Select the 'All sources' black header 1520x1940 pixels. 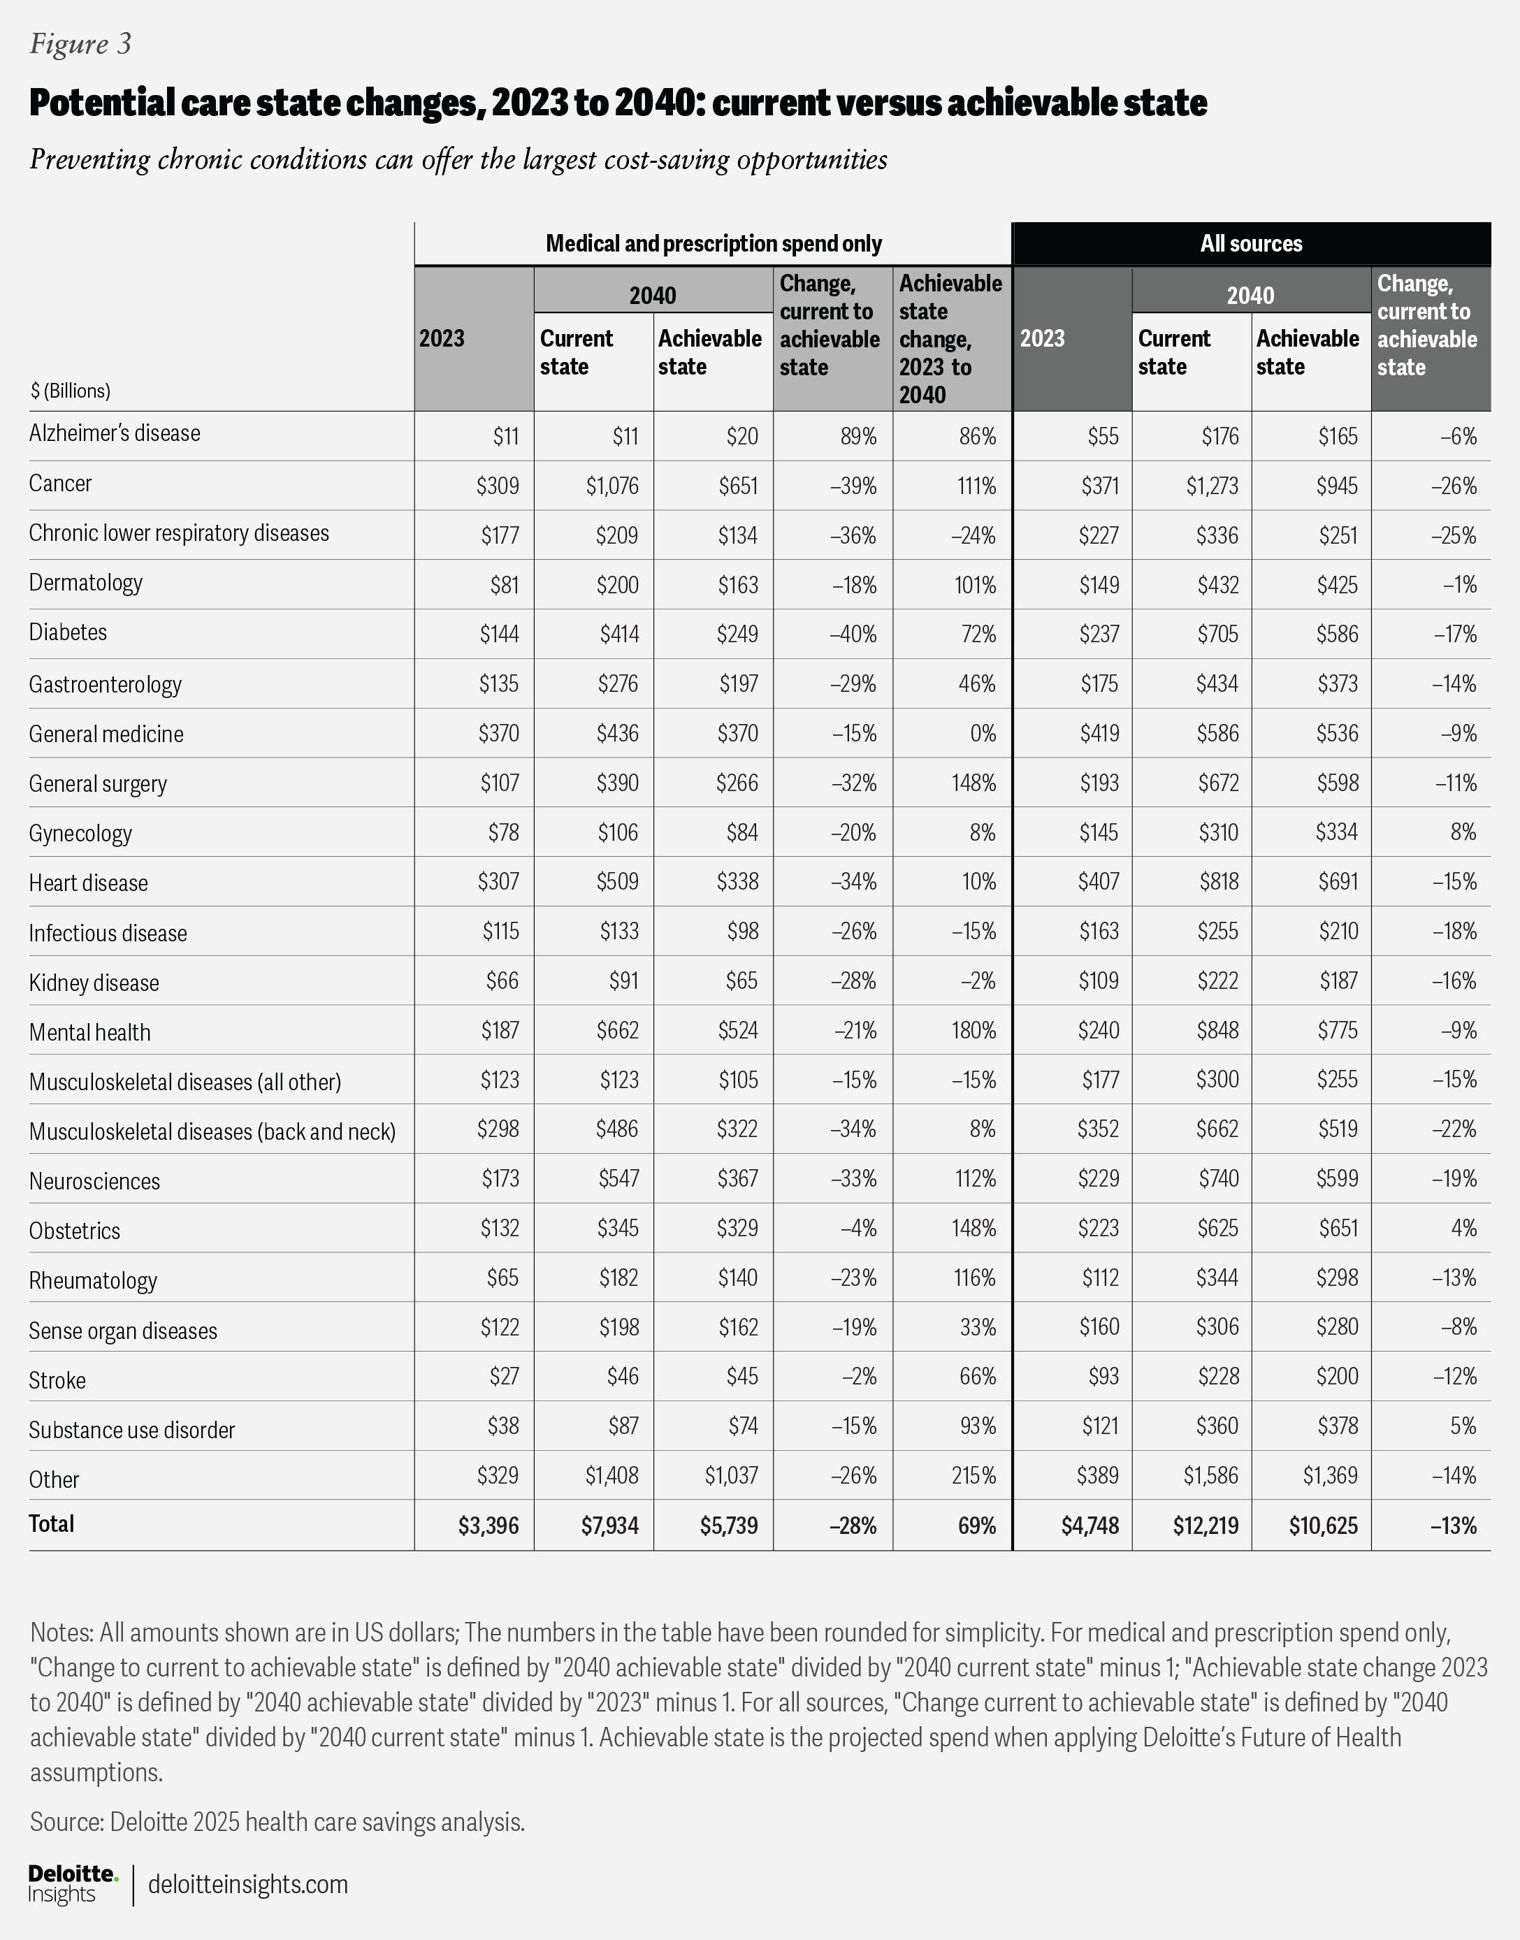point(1250,244)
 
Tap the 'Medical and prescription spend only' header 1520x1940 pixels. point(713,244)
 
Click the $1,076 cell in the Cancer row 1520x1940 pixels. point(612,486)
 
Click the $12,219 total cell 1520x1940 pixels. point(1205,1526)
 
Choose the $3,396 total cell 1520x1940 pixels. point(488,1526)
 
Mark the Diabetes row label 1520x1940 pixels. point(68,632)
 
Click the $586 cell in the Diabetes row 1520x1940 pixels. point(1338,635)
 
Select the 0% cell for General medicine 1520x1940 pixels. point(983,733)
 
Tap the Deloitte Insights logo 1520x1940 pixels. point(72,1883)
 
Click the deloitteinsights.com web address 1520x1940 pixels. point(247,1884)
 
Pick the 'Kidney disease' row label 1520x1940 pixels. point(94,983)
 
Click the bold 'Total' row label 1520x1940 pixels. point(52,1523)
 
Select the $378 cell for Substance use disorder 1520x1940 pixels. point(1338,1426)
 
